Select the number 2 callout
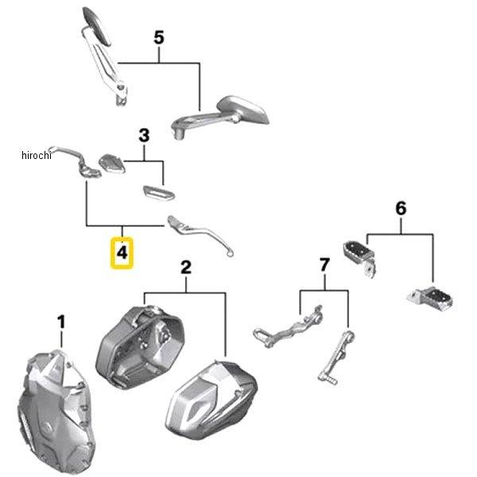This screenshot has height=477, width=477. tap(185, 268)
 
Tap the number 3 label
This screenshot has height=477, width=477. tap(144, 136)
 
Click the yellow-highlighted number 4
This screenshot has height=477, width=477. tap(122, 253)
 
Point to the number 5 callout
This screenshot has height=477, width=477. tap(159, 37)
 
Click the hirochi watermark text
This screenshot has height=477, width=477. tap(37, 155)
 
